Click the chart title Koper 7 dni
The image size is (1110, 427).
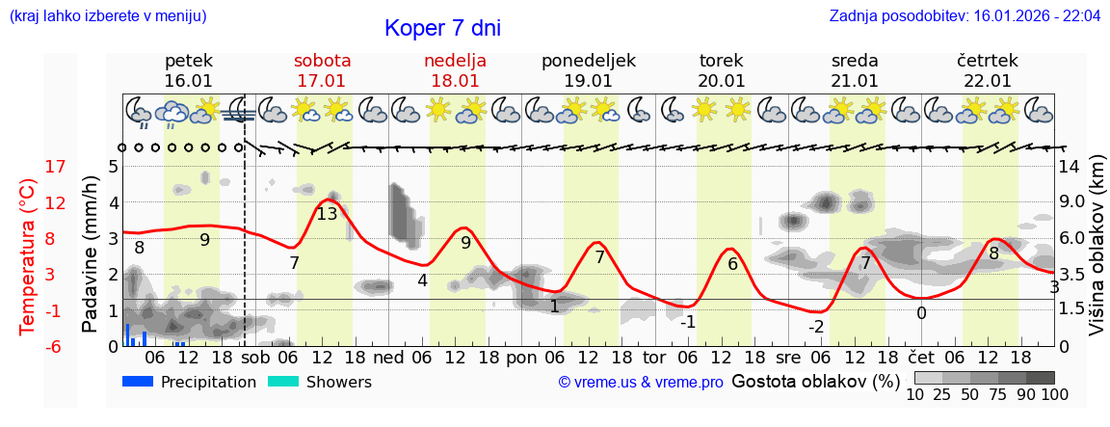point(442,29)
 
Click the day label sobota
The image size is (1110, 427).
point(322,61)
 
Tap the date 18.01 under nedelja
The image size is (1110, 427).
point(455,81)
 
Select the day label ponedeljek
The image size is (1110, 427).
point(588,61)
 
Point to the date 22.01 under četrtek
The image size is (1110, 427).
point(988,81)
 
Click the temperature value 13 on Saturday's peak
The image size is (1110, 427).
point(328,214)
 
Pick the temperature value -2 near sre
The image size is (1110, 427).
point(815,326)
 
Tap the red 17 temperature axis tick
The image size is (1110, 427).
point(55,167)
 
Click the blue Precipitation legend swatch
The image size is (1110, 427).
point(138,382)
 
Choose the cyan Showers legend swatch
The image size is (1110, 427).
point(283,382)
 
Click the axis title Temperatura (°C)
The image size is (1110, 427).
point(28,255)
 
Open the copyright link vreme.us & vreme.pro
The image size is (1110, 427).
point(641,383)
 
